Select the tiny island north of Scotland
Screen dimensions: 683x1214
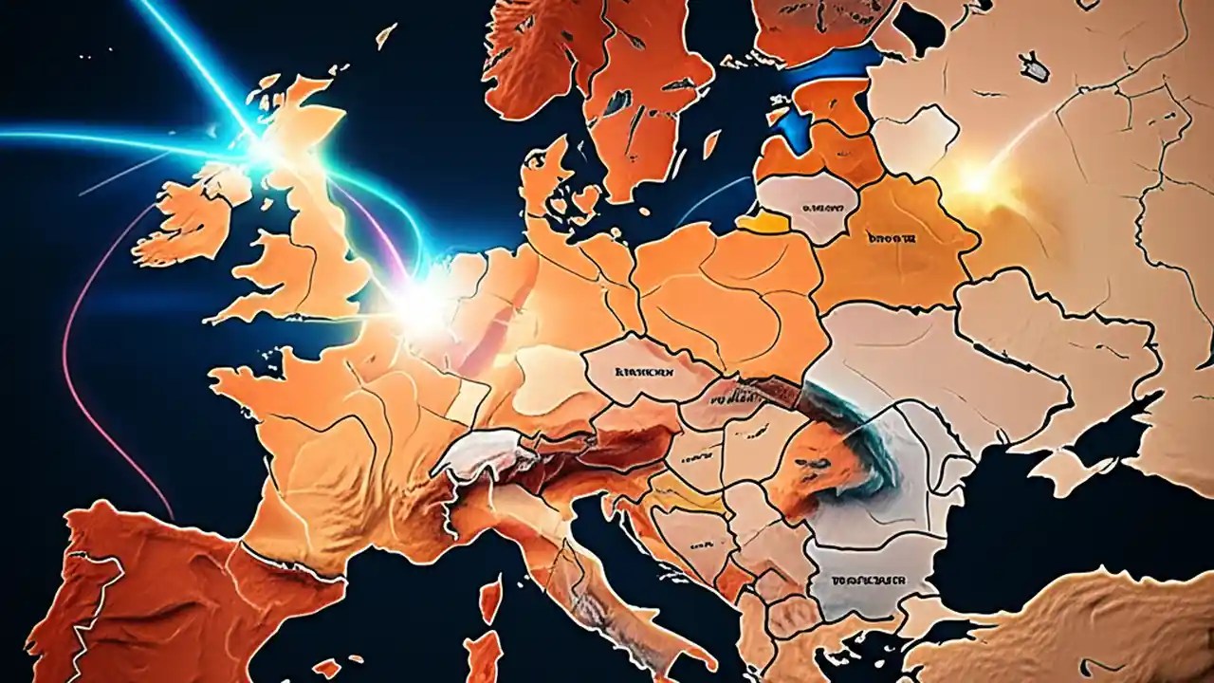(x=385, y=36)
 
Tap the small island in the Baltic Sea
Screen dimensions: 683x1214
(x=709, y=144)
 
